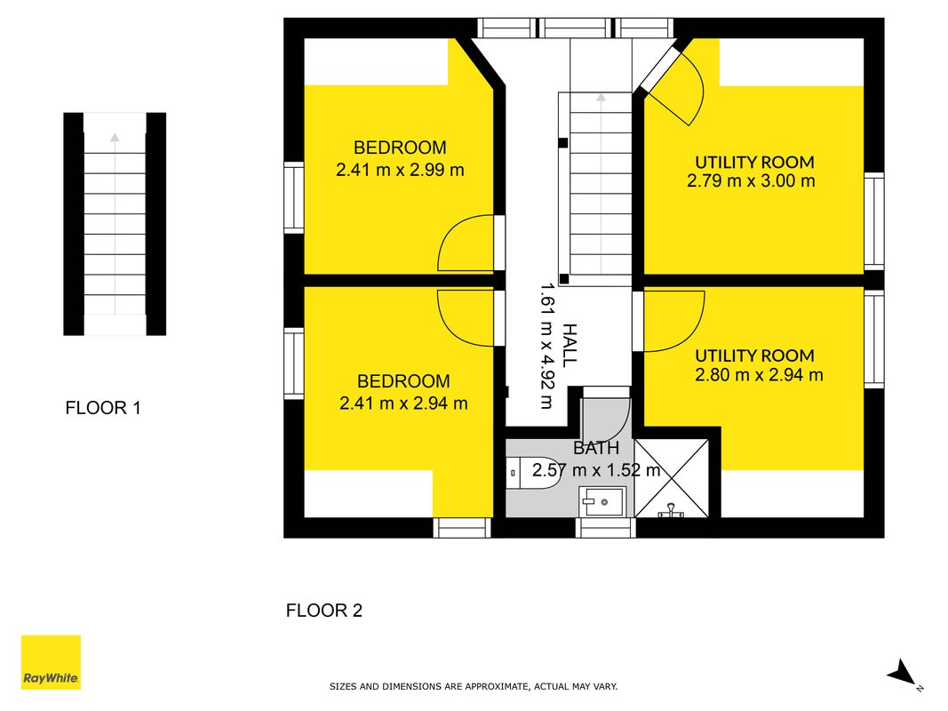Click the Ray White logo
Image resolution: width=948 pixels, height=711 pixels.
[51, 662]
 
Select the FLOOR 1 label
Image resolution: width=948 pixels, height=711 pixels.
[103, 408]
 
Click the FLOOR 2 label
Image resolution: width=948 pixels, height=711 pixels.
[324, 611]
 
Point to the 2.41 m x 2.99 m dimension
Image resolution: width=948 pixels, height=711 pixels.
[400, 170]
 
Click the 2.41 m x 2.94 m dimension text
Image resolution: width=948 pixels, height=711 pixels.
[404, 403]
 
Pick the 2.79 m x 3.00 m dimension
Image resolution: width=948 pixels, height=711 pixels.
[751, 180]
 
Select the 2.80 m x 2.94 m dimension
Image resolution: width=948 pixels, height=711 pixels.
[759, 375]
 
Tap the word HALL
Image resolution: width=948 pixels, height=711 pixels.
[570, 345]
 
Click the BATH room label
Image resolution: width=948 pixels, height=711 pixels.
[596, 448]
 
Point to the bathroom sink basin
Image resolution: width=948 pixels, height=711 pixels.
[601, 502]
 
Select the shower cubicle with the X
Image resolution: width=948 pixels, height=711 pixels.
[671, 478]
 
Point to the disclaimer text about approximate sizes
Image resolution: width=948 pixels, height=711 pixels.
[474, 686]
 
